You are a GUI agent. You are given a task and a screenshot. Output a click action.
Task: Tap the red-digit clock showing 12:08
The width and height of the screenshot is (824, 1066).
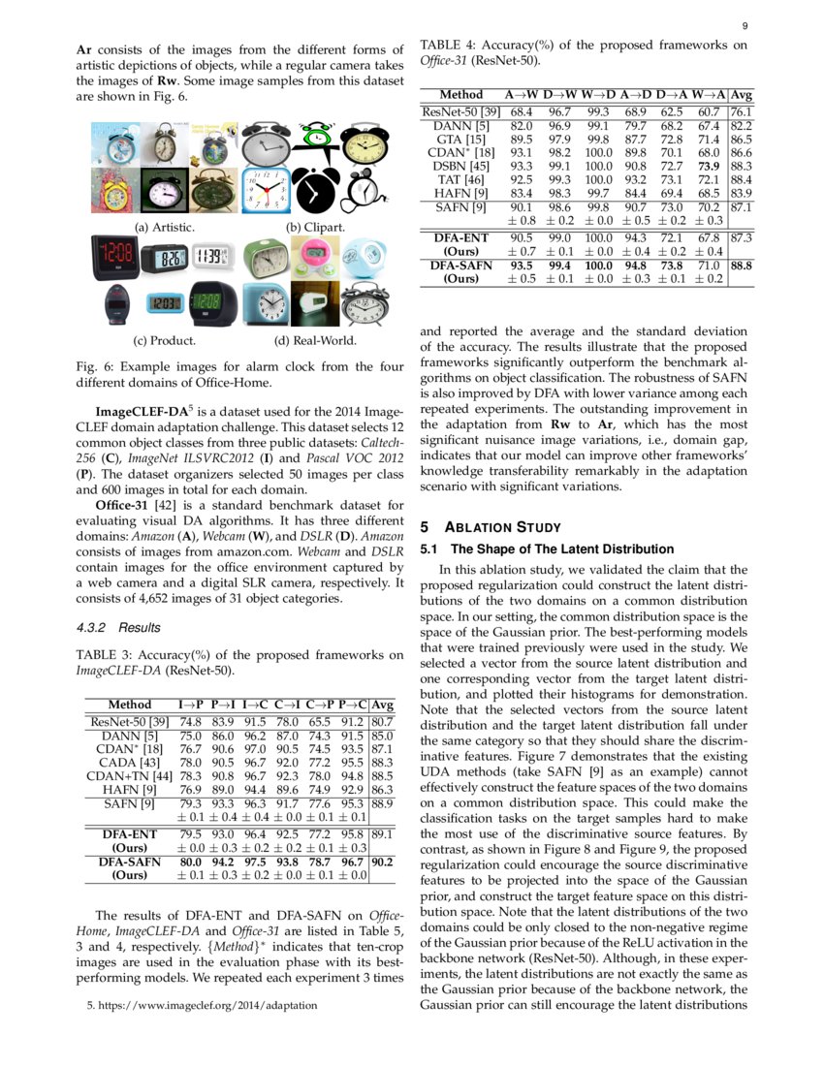tap(112, 257)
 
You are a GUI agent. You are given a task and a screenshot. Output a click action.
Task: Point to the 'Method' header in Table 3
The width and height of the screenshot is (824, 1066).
tap(129, 705)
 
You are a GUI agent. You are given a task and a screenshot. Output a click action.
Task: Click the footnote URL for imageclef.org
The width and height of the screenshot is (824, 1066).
tap(203, 1005)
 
